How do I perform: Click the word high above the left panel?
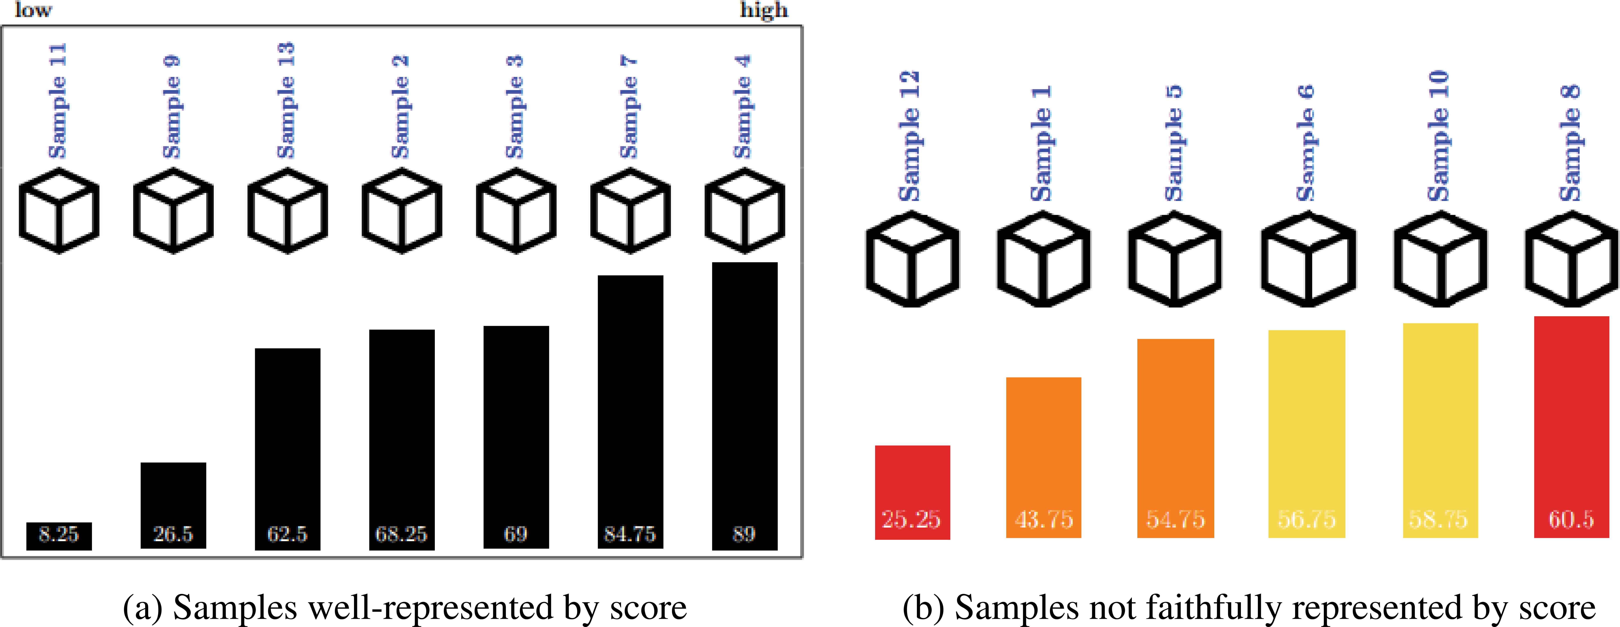tap(763, 10)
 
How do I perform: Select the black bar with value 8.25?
tap(59, 535)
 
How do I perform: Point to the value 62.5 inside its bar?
tap(287, 534)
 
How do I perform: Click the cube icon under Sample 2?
tap(402, 211)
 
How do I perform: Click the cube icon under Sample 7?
tap(630, 211)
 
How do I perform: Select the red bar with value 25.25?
tap(912, 492)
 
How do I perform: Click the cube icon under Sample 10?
tap(1440, 259)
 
